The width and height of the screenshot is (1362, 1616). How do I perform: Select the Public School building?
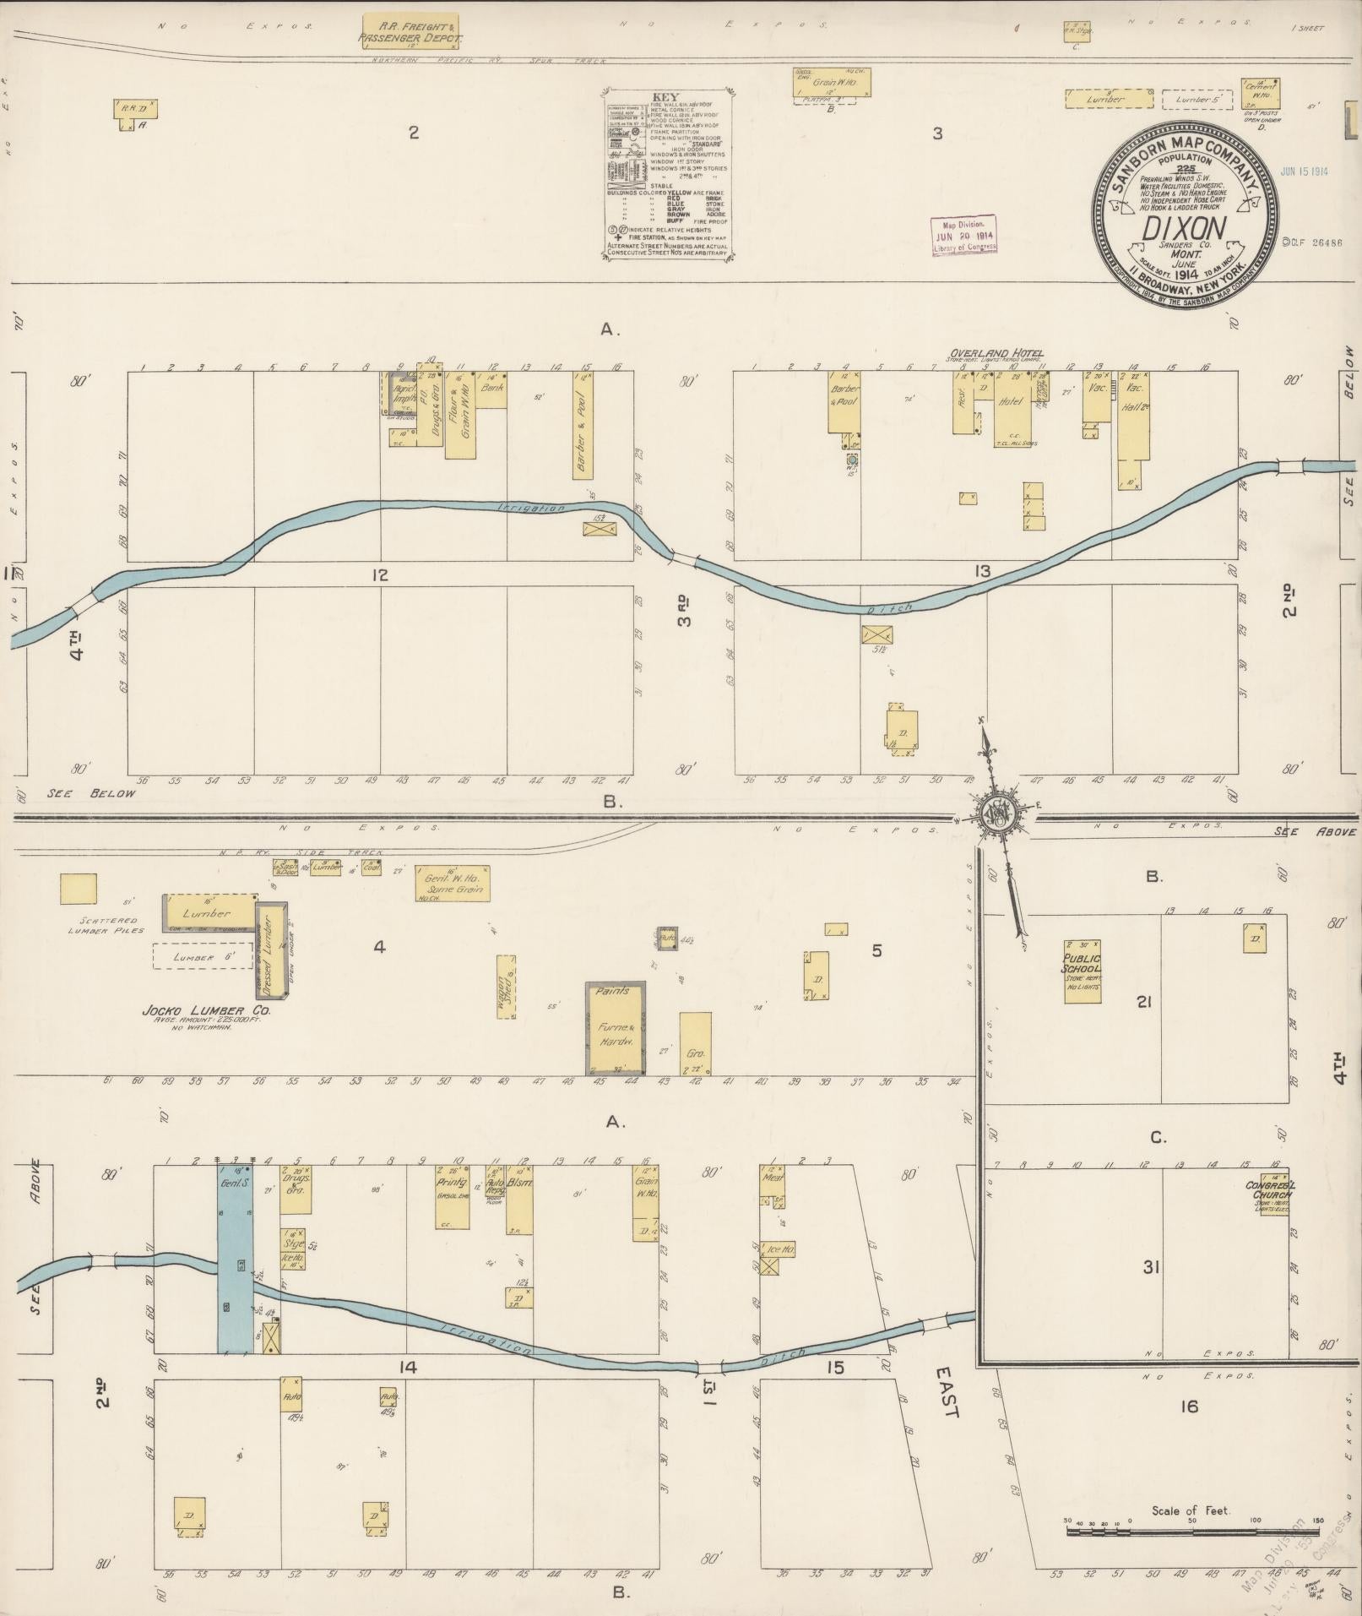1083,971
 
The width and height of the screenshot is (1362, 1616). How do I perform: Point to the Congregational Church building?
1271,1192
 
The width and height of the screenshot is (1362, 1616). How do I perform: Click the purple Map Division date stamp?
963,235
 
